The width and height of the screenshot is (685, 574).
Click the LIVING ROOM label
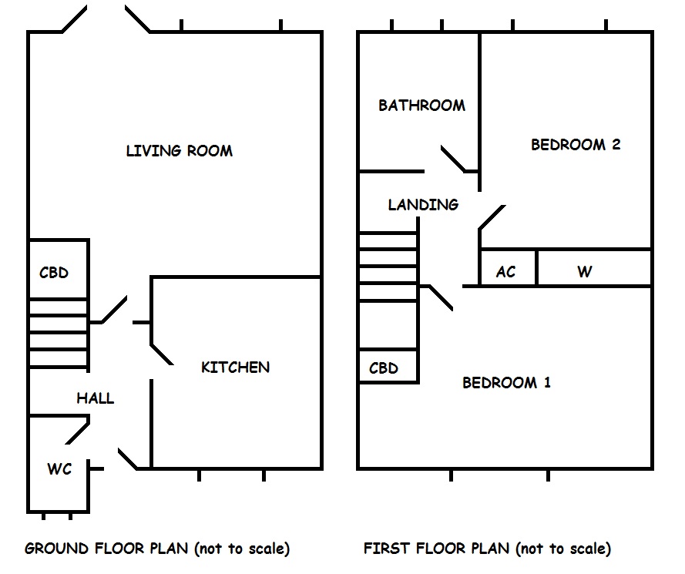click(x=179, y=151)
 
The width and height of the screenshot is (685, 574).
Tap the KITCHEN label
click(x=235, y=368)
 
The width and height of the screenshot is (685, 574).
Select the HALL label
click(x=95, y=398)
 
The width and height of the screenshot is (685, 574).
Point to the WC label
click(x=59, y=468)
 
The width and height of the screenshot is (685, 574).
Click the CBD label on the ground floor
click(x=54, y=273)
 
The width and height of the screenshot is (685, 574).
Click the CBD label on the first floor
click(x=384, y=368)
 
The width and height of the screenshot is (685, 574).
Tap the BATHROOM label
click(x=421, y=106)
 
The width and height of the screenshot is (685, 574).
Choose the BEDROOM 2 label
click(x=576, y=145)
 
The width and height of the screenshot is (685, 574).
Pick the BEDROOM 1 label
click(x=506, y=383)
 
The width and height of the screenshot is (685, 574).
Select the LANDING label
click(x=423, y=205)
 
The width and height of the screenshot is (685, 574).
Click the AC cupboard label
click(x=505, y=272)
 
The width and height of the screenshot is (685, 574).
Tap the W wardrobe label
click(x=584, y=272)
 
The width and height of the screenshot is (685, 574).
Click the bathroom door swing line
click(x=452, y=159)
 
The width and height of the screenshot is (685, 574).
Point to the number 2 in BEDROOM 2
click(x=616, y=145)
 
